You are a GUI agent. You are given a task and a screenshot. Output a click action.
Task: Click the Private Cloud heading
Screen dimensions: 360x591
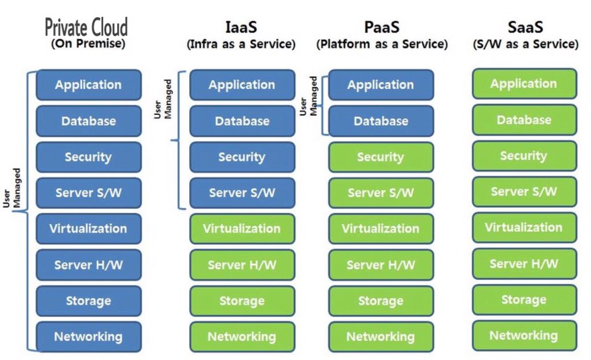pos(86,27)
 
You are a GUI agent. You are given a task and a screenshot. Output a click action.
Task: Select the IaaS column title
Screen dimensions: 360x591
pos(241,27)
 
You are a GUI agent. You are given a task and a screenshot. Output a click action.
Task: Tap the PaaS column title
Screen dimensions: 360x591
pos(381,27)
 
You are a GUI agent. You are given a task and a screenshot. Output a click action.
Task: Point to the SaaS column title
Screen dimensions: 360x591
pos(525,27)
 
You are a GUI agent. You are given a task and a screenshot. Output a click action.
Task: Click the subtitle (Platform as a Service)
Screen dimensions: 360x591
pos(381,44)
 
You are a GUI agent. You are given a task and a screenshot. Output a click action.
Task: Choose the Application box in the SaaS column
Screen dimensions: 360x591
pos(524,84)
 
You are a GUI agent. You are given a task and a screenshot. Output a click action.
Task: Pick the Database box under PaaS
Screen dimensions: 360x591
pos(381,121)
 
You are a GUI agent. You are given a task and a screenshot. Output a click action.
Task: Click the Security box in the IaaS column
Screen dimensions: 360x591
pos(242,157)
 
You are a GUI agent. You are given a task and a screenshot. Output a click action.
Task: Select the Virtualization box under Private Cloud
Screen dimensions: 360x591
pos(88,228)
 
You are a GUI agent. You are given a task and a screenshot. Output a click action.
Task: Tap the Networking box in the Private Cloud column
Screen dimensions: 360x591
pos(88,336)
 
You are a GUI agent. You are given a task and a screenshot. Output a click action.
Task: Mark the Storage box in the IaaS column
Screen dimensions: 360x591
pos(242,301)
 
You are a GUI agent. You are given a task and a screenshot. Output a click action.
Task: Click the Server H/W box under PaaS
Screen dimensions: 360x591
pos(381,265)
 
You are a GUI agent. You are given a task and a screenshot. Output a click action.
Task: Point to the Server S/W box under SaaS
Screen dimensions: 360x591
pos(524,192)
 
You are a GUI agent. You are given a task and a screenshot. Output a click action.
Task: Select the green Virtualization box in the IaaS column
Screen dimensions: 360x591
pos(242,228)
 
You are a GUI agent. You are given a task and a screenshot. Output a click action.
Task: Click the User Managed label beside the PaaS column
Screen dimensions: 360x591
pos(308,96)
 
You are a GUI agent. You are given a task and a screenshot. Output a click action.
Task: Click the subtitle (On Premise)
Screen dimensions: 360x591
pos(88,44)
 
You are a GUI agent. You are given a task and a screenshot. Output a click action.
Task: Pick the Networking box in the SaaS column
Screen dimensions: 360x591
pos(524,335)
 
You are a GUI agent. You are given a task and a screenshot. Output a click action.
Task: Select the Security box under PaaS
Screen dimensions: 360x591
pos(381,157)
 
